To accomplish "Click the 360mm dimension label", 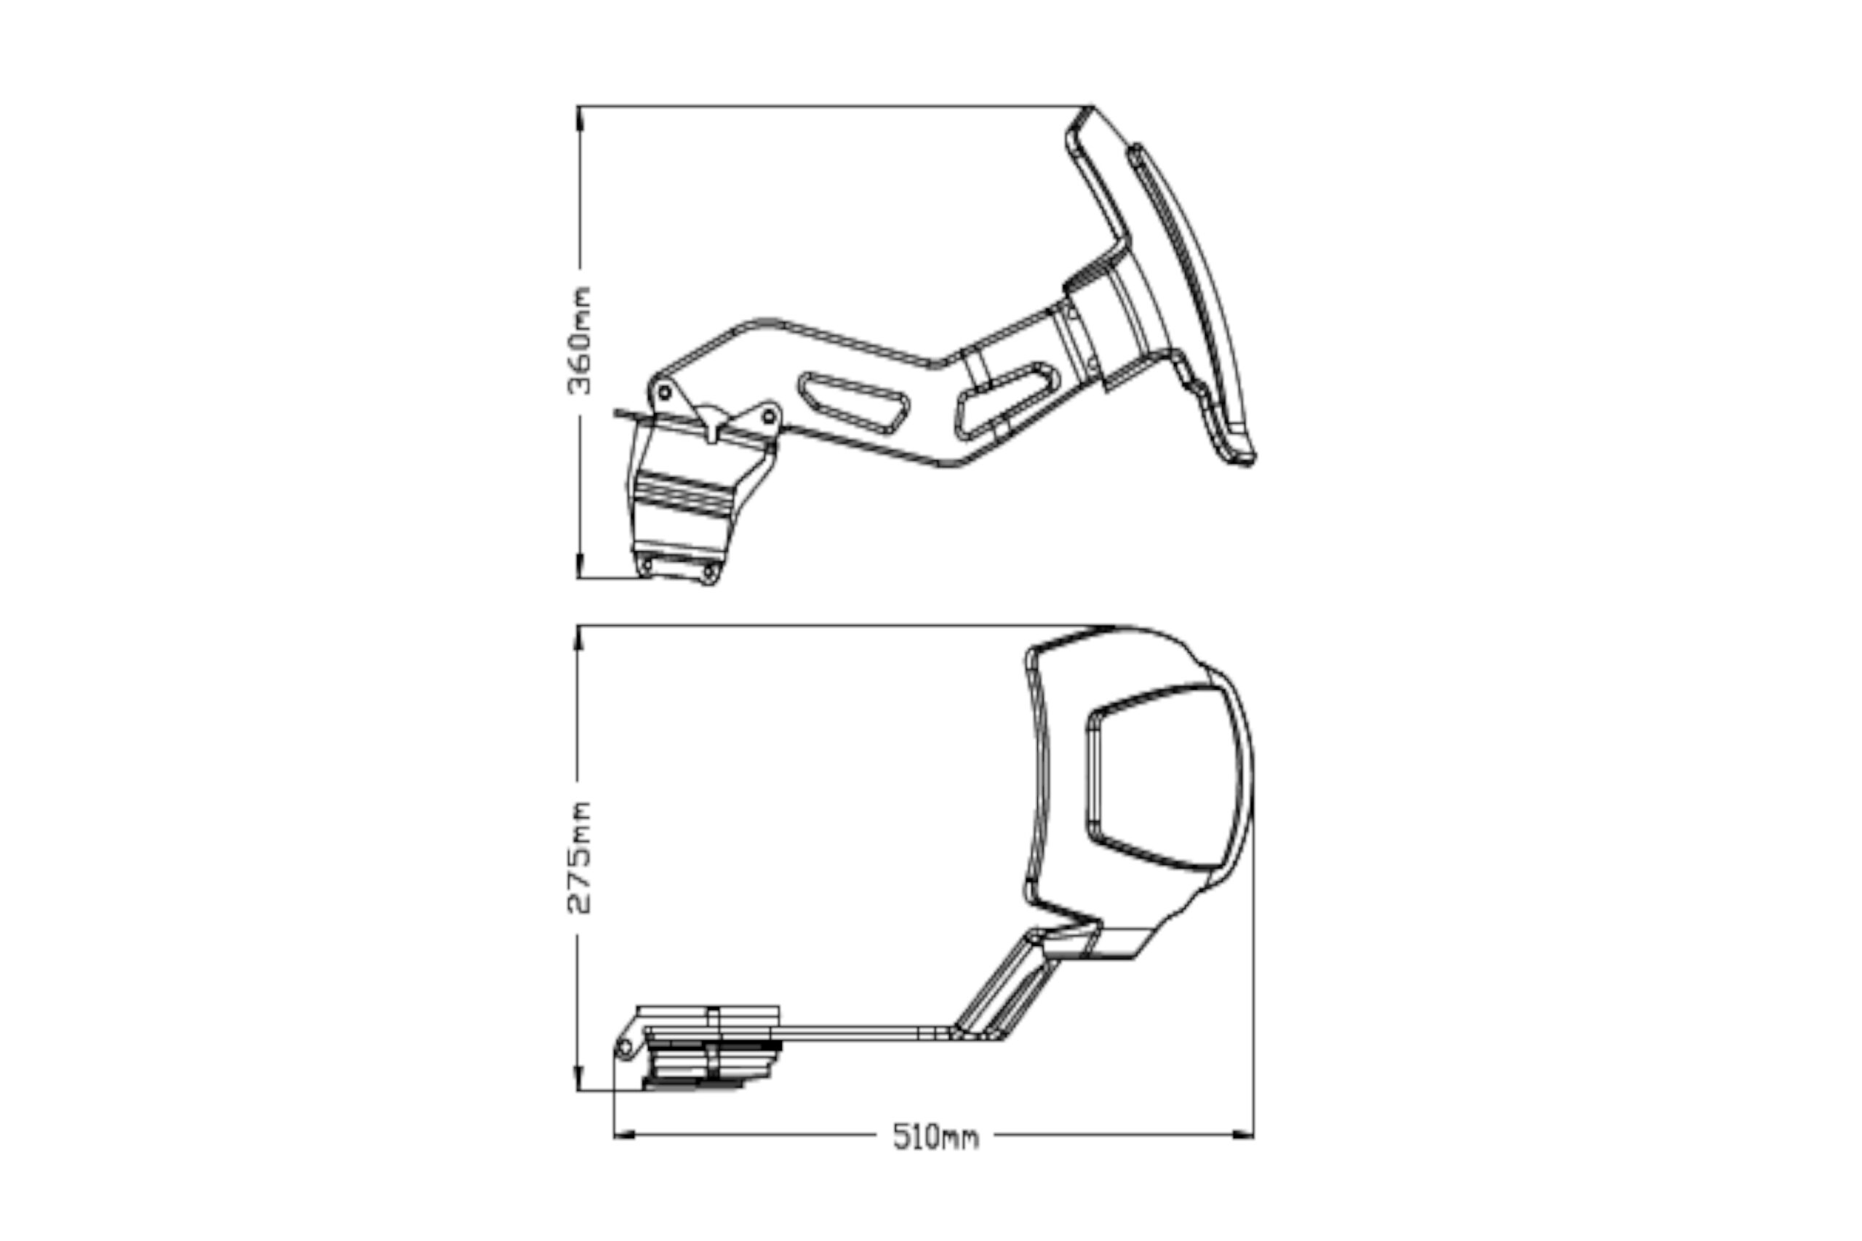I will [x=580, y=341].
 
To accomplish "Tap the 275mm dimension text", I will [x=580, y=858].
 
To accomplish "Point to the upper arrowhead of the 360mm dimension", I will [x=580, y=117].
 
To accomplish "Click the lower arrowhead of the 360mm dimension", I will [x=580, y=566].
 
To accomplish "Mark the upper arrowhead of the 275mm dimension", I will [x=579, y=638].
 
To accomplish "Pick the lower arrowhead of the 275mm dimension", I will [x=579, y=1079].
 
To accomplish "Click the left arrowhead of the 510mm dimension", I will [x=625, y=1136].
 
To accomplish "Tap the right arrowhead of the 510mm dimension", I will [x=1243, y=1136].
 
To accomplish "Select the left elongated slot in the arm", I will [x=853, y=403].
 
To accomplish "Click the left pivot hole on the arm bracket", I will [x=664, y=393].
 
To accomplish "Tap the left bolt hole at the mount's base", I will [x=645, y=565].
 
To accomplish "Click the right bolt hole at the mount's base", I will [x=708, y=572].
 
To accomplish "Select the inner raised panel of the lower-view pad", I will [x=1160, y=777].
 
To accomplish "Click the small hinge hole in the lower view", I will [x=624, y=1048].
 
